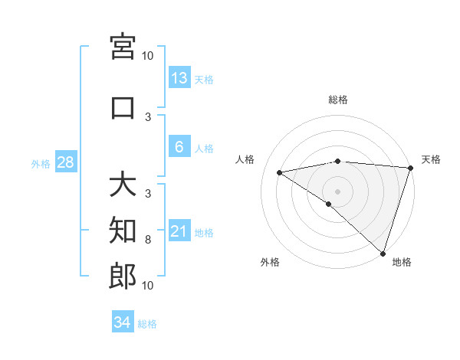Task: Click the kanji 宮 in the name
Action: tap(123, 48)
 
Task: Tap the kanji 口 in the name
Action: tap(123, 108)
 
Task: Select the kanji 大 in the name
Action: tap(123, 185)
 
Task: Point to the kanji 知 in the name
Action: tap(123, 230)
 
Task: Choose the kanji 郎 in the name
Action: tap(123, 277)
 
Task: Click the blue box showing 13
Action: tap(179, 78)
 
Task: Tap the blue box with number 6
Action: tap(179, 147)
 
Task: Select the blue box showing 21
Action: tap(179, 231)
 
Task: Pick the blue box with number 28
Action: tap(65, 162)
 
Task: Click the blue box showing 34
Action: tap(123, 322)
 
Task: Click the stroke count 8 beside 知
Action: tap(148, 240)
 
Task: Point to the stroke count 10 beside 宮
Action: tap(148, 55)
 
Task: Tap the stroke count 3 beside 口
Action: tap(148, 116)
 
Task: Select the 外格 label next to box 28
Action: tap(41, 163)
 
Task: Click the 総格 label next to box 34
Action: tap(147, 323)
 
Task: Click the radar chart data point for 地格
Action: tap(383, 253)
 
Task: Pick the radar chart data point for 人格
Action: tap(280, 172)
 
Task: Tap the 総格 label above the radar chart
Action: tap(337, 100)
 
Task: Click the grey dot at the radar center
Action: tap(337, 191)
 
